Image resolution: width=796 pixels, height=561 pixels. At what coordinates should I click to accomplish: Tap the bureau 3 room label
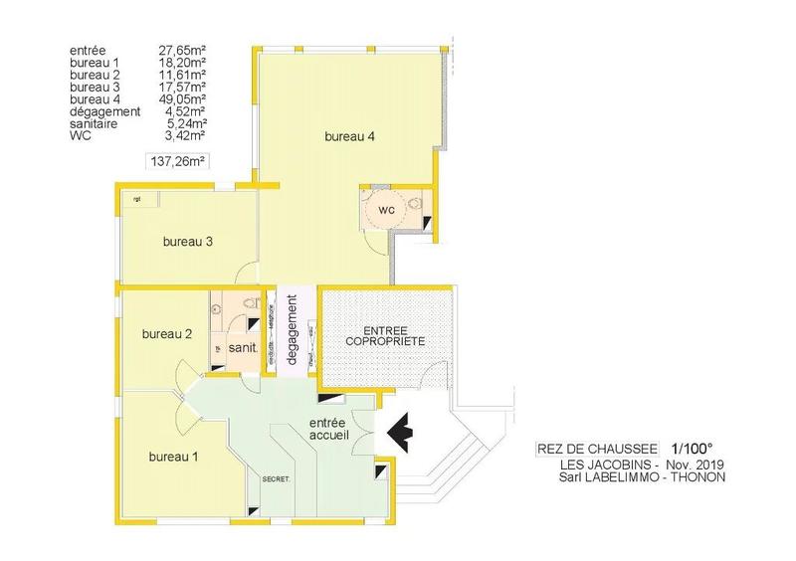[189, 241]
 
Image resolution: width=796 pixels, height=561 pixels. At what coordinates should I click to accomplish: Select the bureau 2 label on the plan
[167, 333]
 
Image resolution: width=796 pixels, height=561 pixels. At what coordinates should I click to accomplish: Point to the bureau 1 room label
[173, 457]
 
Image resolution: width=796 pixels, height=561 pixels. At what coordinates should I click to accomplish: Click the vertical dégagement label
[293, 330]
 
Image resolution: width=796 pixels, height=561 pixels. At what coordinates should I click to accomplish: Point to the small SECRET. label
[276, 478]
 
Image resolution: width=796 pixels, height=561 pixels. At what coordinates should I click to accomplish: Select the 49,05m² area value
[182, 99]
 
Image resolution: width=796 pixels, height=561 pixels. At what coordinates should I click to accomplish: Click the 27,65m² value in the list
[182, 49]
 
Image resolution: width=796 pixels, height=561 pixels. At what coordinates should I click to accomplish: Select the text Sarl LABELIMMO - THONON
[643, 476]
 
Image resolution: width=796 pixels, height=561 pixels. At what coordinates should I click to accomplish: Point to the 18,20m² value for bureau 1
[182, 62]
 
